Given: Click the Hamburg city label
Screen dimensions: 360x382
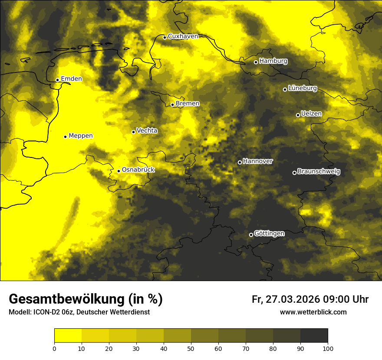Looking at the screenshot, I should [273, 61].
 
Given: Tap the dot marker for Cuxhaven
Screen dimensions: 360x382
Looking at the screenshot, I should [165, 37].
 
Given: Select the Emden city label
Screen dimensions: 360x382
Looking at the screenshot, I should [71, 79].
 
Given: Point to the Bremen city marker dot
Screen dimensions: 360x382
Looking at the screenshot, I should [172, 105].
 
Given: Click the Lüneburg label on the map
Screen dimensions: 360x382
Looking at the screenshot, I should [302, 88].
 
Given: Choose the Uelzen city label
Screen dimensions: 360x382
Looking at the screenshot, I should [311, 114].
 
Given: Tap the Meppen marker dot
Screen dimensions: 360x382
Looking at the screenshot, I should [65, 137].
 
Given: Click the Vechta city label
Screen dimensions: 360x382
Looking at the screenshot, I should [147, 131].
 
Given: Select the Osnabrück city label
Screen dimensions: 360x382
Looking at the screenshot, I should [138, 170].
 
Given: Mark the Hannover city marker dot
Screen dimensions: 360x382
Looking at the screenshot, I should [240, 162].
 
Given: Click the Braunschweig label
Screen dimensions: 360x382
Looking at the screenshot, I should [319, 172].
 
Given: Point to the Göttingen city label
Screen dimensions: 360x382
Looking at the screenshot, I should [269, 234].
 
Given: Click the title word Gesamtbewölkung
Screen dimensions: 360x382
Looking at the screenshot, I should [67, 299].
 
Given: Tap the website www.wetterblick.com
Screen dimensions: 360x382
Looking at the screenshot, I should [313, 312].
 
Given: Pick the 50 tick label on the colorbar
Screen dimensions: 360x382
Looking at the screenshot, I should [191, 348].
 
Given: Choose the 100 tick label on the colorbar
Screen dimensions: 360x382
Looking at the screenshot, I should [328, 348].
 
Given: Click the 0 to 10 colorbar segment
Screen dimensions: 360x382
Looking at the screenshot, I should [68, 336].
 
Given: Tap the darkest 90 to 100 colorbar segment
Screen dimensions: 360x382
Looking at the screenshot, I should [314, 336].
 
